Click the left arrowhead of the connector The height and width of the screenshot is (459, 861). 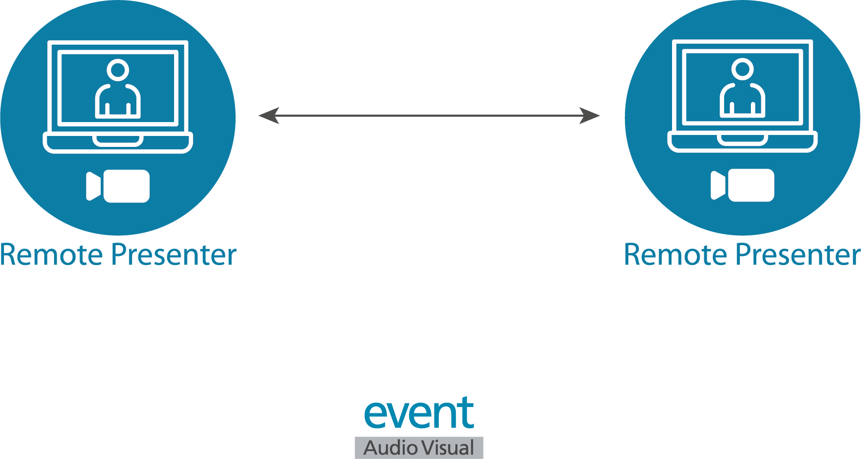pyautogui.click(x=269, y=116)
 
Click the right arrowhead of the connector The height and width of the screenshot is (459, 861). pyautogui.click(x=590, y=116)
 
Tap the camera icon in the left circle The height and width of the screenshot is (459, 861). pyautogui.click(x=119, y=186)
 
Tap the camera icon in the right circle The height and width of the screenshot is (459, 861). pyautogui.click(x=742, y=185)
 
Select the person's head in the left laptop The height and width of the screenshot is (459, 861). pyautogui.click(x=118, y=70)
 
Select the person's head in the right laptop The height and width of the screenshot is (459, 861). pyautogui.click(x=742, y=69)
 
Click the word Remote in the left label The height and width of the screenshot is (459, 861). pyautogui.click(x=52, y=255)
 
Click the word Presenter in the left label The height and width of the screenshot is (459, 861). pyautogui.click(x=174, y=255)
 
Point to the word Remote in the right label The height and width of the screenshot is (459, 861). pyautogui.click(x=676, y=255)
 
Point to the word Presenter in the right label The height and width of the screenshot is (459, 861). pyautogui.click(x=798, y=255)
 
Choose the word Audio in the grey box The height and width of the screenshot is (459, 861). pyautogui.click(x=390, y=448)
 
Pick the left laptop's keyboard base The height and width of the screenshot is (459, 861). pyautogui.click(x=118, y=142)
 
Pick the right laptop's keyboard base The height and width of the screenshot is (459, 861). pyautogui.click(x=742, y=141)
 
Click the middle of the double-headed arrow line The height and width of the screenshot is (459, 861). pyautogui.click(x=430, y=116)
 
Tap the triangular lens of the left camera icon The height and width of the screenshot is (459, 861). pyautogui.click(x=93, y=186)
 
